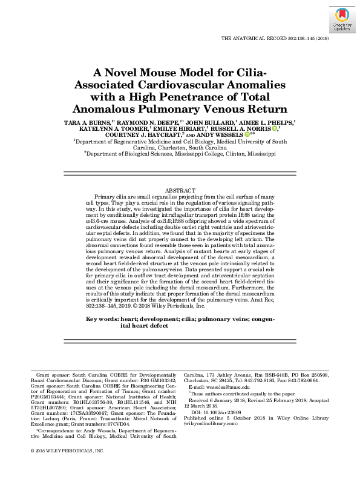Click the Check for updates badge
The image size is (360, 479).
coord(341,20)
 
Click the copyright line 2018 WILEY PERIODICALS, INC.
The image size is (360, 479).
coord(71,451)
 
